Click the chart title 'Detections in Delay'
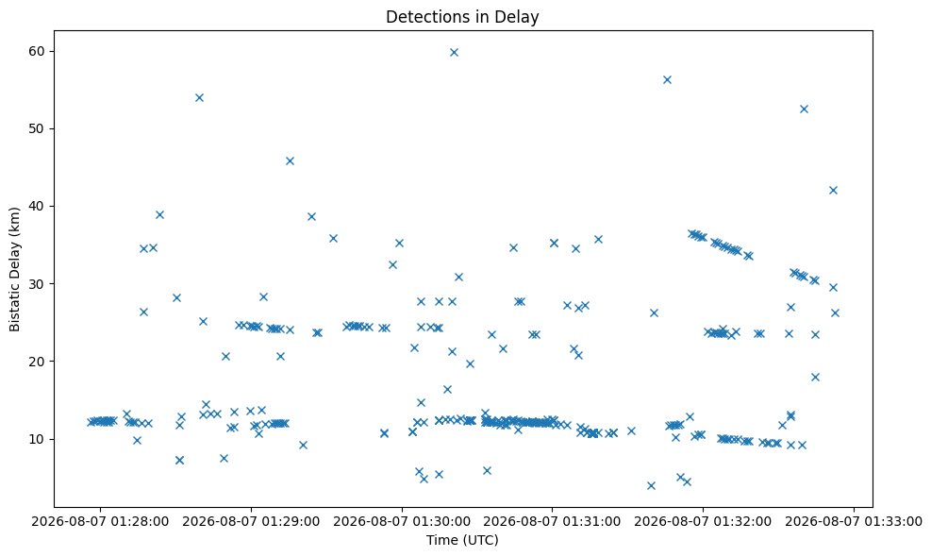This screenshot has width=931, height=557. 462,17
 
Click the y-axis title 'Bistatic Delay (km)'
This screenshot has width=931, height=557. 14,269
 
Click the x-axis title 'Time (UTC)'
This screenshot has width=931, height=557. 462,540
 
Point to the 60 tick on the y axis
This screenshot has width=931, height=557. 37,51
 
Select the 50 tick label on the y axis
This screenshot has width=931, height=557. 37,129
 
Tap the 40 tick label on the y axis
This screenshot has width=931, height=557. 37,206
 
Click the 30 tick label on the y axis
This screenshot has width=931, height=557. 37,284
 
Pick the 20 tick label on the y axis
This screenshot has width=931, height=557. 37,362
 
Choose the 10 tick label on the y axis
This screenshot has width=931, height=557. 37,439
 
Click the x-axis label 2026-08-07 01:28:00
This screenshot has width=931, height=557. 100,521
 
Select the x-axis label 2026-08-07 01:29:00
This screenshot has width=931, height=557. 251,521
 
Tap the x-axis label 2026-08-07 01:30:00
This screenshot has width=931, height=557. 402,521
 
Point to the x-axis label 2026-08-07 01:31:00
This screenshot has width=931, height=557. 552,521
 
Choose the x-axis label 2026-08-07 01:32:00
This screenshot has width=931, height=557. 703,521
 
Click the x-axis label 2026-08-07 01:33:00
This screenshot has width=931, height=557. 854,521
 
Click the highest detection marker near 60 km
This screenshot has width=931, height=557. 455,52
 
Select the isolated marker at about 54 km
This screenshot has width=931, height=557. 200,97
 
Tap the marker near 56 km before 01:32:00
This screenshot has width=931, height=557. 667,79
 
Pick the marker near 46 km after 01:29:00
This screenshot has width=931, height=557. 290,161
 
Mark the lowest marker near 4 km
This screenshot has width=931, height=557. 651,485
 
